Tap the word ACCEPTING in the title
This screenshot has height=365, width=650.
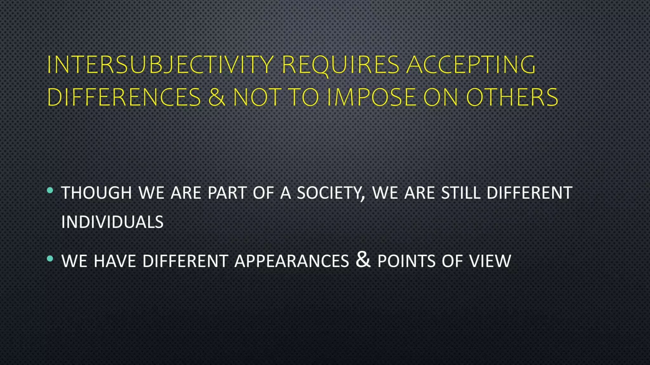(471, 65)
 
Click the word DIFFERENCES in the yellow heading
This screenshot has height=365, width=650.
(124, 97)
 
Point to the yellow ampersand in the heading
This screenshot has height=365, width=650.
(217, 97)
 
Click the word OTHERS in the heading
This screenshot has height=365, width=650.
(512, 97)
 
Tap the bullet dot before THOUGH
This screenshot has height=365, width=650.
(50, 190)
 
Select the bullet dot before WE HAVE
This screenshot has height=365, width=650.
(50, 259)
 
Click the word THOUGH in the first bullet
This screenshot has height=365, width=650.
(96, 193)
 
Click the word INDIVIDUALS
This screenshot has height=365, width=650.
(112, 222)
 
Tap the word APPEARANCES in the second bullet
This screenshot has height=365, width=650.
(292, 261)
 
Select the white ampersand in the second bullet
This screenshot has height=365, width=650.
(363, 259)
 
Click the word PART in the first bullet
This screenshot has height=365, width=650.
(227, 193)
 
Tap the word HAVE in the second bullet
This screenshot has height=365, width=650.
(115, 261)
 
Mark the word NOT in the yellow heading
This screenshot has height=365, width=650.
(257, 97)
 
